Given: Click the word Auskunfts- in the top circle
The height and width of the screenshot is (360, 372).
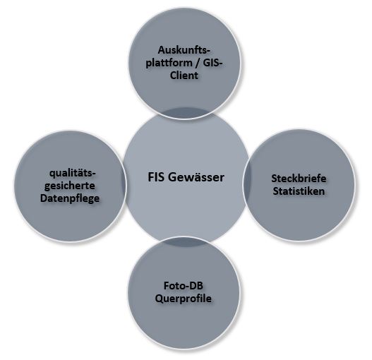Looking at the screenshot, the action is (x=184, y=50).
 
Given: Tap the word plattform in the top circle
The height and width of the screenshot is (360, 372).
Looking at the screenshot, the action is (x=169, y=63).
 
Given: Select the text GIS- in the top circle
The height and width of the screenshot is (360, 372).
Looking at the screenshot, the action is (x=212, y=63).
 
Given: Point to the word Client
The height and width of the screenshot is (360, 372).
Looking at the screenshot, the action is (x=184, y=76).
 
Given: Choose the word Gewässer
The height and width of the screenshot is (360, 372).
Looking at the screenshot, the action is (x=197, y=177).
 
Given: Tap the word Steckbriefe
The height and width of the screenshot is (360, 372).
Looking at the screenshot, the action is (x=299, y=179).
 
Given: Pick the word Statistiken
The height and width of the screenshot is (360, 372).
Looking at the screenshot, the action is (x=299, y=191).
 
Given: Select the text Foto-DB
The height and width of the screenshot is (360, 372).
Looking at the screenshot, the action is (x=184, y=285).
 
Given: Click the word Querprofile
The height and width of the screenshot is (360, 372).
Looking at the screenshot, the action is (x=183, y=299).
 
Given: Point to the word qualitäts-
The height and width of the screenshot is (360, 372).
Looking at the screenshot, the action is (x=73, y=173).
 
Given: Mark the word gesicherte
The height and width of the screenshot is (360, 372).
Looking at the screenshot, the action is (x=70, y=186).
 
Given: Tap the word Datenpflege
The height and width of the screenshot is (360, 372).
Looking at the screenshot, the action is (x=70, y=198).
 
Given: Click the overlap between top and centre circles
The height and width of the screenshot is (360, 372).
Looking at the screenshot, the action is (x=185, y=113).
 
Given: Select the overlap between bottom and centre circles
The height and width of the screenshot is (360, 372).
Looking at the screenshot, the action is (x=184, y=242).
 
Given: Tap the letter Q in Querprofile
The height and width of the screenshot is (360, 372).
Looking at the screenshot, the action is (x=159, y=299).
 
